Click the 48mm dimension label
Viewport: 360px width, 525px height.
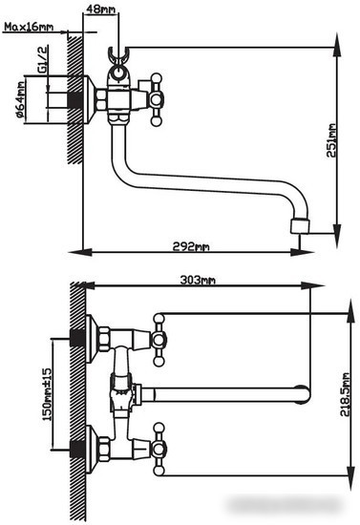coord(100,9)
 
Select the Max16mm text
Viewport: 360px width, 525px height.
coord(29,27)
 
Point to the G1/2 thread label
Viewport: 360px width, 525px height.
coord(43,59)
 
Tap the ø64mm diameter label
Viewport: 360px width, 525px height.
coord(21,99)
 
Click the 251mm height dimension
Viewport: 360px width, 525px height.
coord(331,140)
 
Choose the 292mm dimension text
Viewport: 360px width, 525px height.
coord(191,247)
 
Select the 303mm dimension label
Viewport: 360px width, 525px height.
coord(198,280)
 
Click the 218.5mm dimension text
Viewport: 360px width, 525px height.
coord(345,394)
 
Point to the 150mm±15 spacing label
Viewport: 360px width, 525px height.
coord(48,394)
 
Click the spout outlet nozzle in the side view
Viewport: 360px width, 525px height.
coord(300,226)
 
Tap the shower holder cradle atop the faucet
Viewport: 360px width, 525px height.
coord(118,55)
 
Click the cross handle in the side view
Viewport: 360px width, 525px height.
coord(156,100)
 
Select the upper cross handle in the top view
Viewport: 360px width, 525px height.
coord(159,340)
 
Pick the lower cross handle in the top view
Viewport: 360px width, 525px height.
coord(159,450)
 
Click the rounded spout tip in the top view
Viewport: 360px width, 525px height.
coord(303,395)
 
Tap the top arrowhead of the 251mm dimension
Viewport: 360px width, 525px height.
coord(337,44)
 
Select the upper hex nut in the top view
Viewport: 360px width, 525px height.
coord(104,339)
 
